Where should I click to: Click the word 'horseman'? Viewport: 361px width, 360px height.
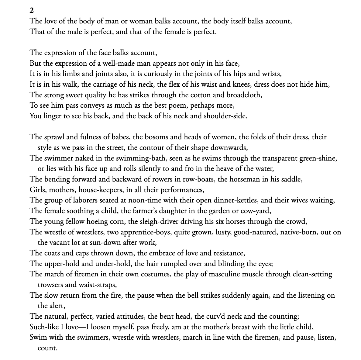[244, 179]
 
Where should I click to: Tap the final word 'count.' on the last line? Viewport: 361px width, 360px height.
[47, 348]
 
